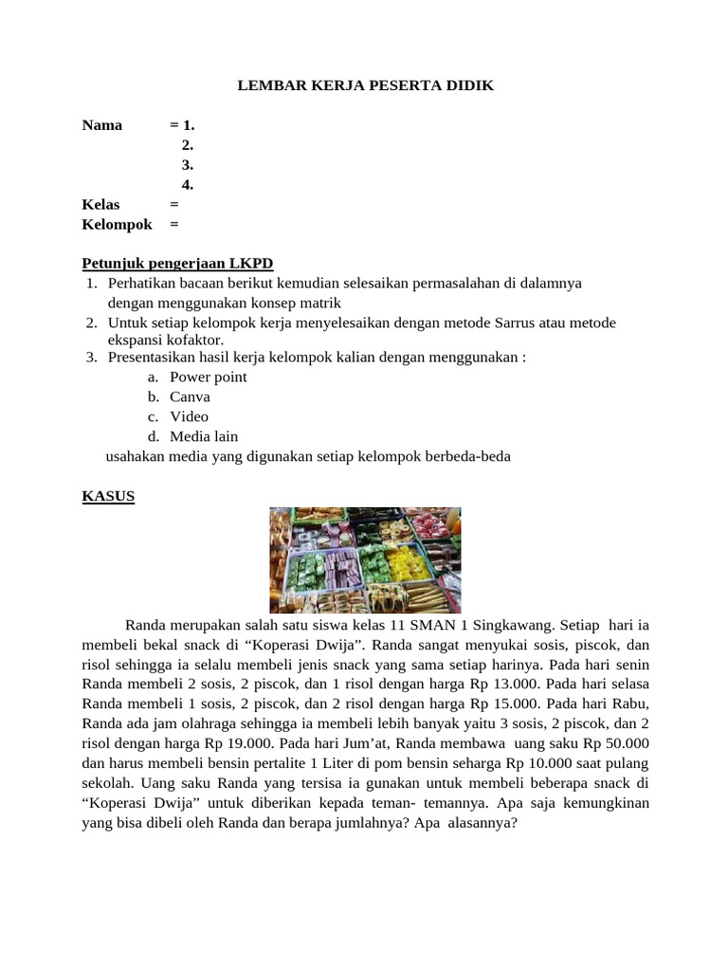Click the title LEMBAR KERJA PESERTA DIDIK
pos(365,86)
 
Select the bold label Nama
pos(102,125)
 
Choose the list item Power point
pos(208,376)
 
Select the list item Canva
pos(190,396)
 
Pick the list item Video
pos(189,416)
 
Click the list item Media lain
pos(204,436)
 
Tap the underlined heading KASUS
pos(109,496)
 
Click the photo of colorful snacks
pos(365,559)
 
